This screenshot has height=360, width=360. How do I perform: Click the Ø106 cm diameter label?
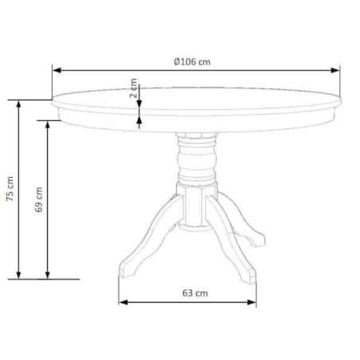click(192, 62)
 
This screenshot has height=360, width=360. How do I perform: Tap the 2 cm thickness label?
click(134, 88)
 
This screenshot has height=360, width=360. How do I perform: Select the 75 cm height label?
click(10, 189)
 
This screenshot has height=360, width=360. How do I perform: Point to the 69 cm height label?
click(39, 199)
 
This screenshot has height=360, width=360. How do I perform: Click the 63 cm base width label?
click(195, 293)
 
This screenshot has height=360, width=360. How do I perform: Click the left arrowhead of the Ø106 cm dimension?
click(57, 70)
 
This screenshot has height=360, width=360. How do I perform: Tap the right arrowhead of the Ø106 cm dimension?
click(335, 70)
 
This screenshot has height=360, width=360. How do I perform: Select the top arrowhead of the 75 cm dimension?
click(18, 104)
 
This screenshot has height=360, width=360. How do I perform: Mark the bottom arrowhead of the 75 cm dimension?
click(18, 276)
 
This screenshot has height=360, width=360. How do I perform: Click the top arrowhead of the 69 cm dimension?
click(48, 125)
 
